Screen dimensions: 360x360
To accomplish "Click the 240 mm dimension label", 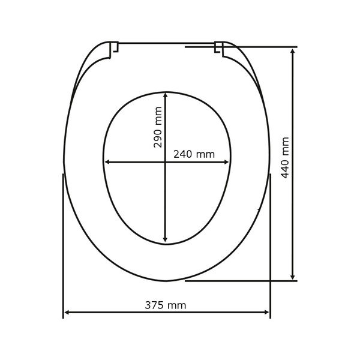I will pos(193,154).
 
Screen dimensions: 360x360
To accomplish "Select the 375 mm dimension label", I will pos(166,305).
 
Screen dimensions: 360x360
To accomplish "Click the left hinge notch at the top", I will pos(114,48).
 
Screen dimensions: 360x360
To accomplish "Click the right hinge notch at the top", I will pos(220,48).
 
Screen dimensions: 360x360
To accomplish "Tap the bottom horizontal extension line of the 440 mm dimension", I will pos(240,280).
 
